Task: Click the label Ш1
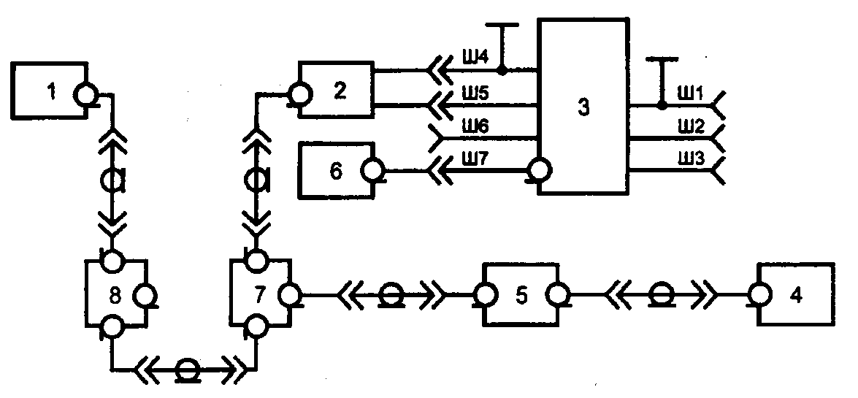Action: pos(691,95)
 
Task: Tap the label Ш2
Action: pos(692,129)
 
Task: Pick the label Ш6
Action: pos(468,126)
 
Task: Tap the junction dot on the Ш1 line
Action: pos(662,105)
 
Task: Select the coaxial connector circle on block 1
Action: pos(86,95)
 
